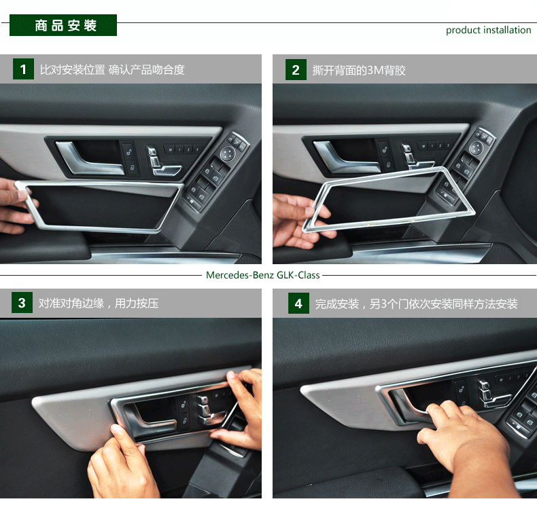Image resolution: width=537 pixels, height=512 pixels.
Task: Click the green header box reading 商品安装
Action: [x=63, y=25]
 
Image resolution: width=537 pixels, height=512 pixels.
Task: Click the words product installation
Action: [x=488, y=30]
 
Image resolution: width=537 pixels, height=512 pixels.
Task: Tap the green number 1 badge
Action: [x=23, y=69]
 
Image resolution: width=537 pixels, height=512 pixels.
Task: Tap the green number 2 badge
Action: [x=296, y=70]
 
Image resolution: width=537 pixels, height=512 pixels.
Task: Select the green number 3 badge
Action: [x=22, y=302]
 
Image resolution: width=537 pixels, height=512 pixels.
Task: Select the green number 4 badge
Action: [x=298, y=303]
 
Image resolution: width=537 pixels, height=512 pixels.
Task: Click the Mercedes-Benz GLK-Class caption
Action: [x=262, y=275]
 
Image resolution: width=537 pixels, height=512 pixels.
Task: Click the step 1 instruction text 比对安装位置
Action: [x=72, y=70]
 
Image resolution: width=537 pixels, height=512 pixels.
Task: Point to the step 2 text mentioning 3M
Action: [x=359, y=71]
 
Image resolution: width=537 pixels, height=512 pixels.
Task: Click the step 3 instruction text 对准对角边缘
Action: [x=71, y=304]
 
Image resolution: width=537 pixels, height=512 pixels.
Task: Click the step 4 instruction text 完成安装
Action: [x=337, y=304]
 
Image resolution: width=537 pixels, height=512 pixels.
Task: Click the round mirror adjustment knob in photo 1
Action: [x=228, y=153]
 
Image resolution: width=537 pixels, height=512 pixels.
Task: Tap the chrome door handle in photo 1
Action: [x=90, y=159]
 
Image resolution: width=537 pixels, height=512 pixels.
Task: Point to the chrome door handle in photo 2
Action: [x=346, y=158]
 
